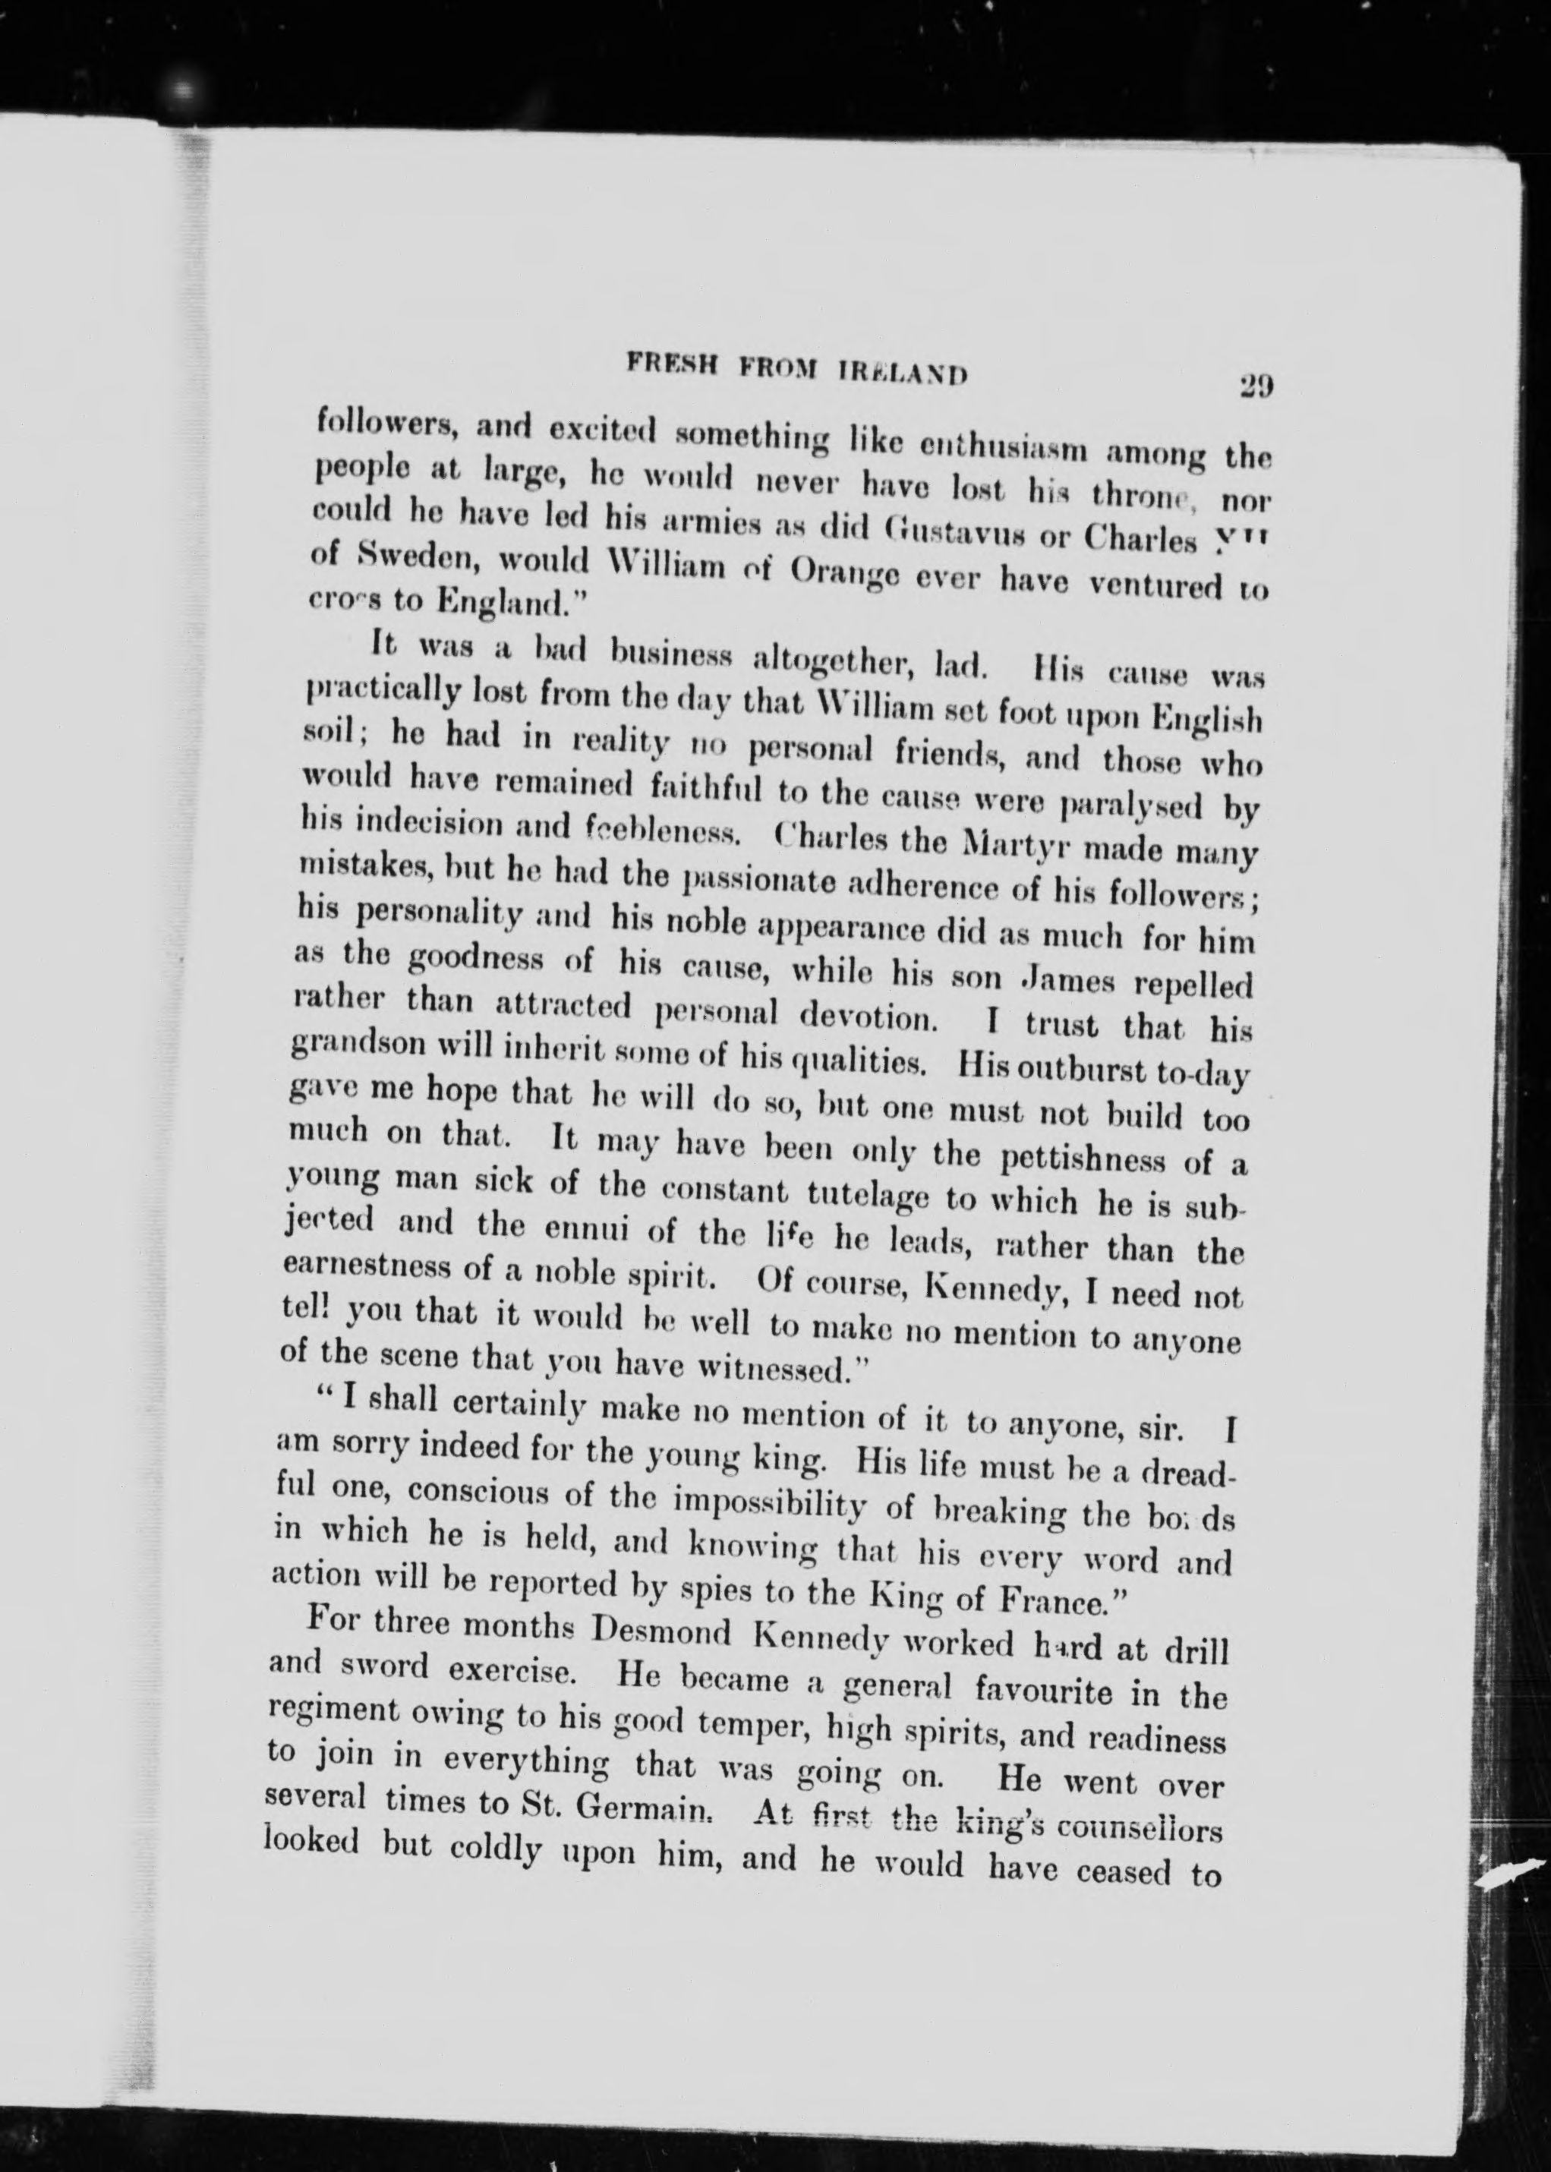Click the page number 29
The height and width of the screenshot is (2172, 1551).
[x=1256, y=385]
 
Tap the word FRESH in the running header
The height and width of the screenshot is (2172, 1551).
[x=666, y=364]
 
